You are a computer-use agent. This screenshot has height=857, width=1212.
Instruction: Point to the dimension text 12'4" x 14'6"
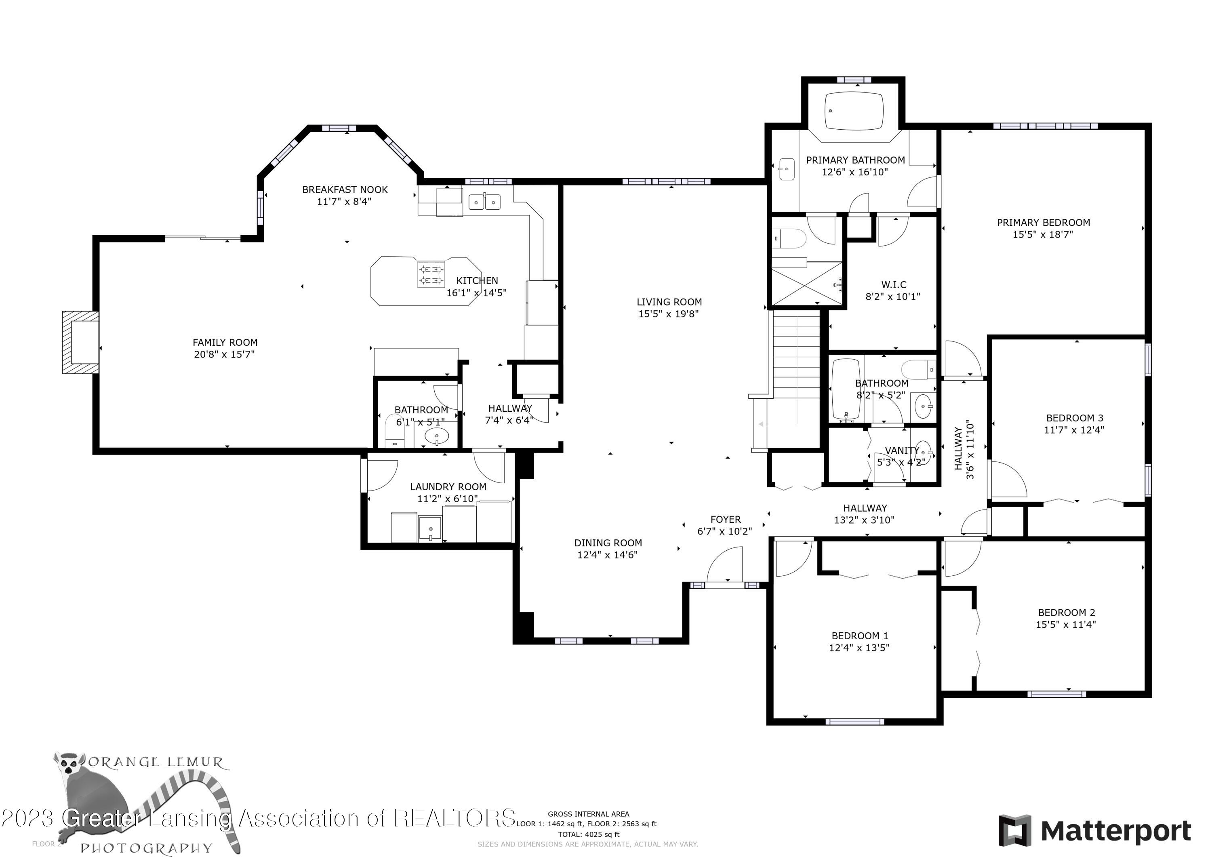pos(607,555)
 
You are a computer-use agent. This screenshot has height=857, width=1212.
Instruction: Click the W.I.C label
pos(893,284)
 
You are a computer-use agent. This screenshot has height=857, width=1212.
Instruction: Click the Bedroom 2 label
pos(1066,613)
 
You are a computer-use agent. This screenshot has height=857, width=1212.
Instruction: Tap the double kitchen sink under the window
pos(484,202)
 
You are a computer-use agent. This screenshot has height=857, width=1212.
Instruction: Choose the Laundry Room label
pos(448,487)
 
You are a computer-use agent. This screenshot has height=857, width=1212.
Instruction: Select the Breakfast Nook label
pos(345,190)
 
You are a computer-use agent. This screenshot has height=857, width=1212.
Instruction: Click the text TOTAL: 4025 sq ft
pos(589,835)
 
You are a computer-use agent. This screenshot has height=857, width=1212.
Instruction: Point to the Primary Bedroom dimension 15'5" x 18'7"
pos(1043,234)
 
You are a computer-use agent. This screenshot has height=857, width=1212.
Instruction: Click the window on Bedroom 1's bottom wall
pos(854,722)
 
